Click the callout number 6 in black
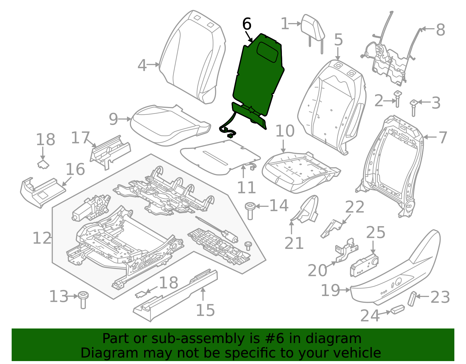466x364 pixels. [247, 24]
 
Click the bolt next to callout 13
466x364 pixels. [83, 299]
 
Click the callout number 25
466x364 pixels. [375, 233]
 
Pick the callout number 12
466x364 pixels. [42, 238]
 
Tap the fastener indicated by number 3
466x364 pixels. [414, 107]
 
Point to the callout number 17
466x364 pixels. [80, 138]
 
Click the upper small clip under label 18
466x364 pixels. [43, 164]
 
